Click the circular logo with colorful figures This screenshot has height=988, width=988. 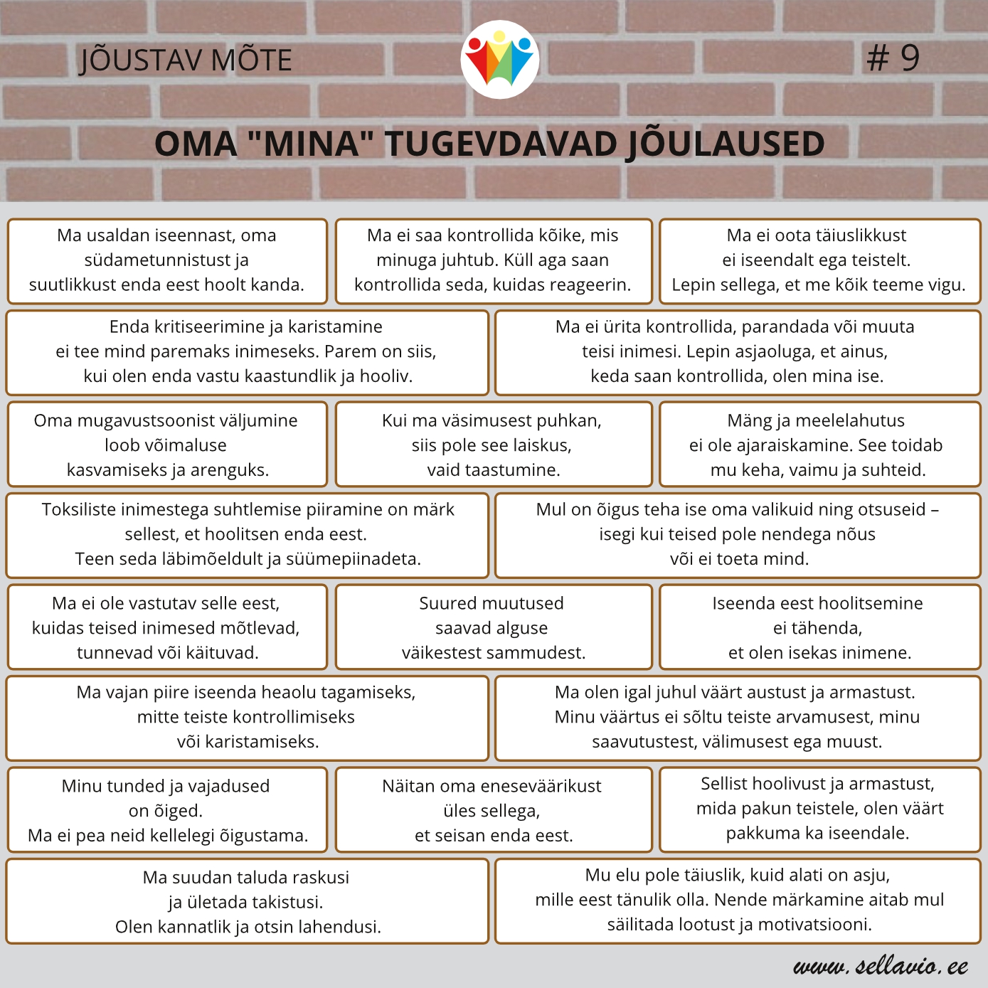499,60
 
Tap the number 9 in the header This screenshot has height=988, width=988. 910,58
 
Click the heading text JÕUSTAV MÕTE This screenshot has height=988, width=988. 186,60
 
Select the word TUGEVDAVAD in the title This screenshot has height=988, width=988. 501,144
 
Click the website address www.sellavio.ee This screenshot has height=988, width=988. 881,965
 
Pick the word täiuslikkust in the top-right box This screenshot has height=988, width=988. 846,235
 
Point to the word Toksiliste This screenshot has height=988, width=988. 80,509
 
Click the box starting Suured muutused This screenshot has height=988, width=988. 493,627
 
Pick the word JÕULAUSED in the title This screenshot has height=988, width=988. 724,144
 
